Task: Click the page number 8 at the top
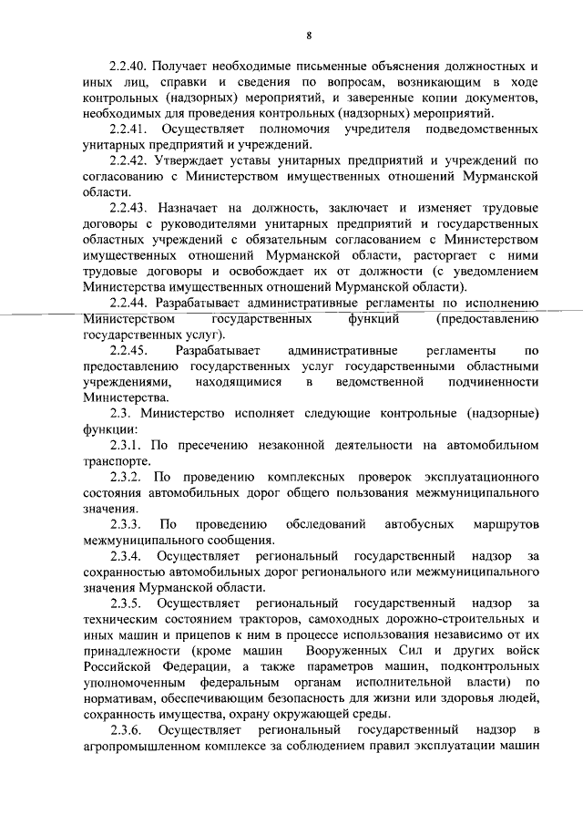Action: (310, 35)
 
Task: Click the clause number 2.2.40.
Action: (128, 67)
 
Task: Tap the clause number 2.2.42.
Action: (128, 161)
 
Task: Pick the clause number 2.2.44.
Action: (128, 302)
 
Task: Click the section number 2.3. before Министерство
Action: (121, 413)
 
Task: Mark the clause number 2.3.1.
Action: (125, 445)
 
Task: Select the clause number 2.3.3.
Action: (125, 524)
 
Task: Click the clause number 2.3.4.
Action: (125, 556)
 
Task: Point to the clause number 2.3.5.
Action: (125, 603)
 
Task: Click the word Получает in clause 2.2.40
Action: (183, 67)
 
